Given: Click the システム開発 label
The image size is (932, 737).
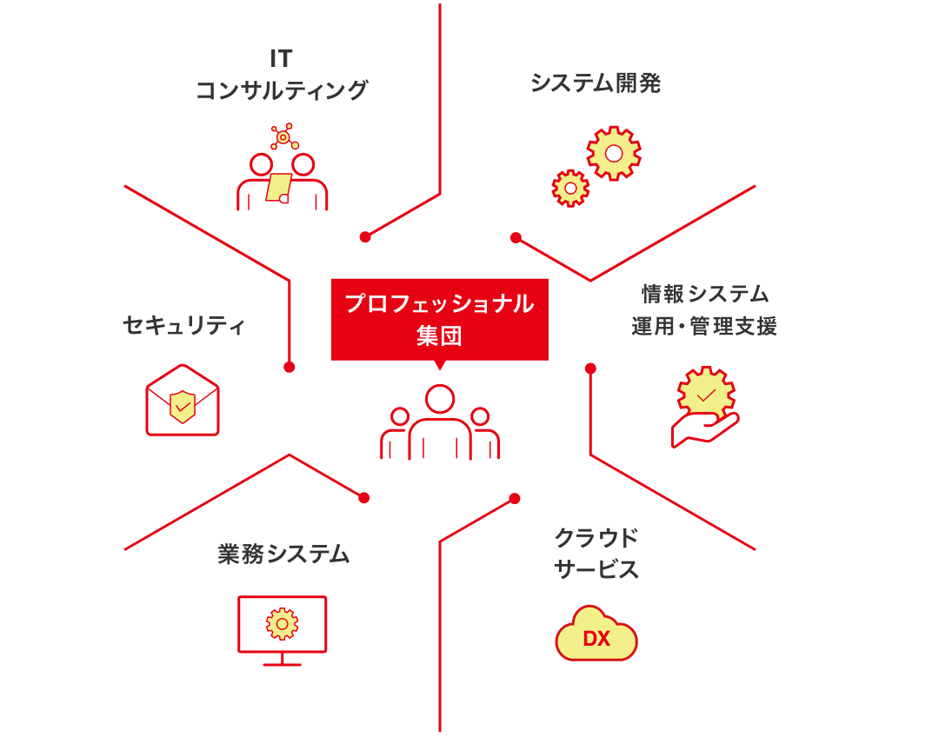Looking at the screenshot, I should [x=596, y=83].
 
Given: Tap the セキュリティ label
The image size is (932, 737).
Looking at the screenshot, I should [x=184, y=326].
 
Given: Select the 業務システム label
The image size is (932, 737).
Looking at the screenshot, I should [x=283, y=554].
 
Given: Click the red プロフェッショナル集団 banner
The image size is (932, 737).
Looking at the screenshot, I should [x=440, y=318].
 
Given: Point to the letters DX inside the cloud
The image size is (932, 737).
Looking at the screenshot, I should [x=596, y=639].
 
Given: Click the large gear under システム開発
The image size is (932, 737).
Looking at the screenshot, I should [x=614, y=154].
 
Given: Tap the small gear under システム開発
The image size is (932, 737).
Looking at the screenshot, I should [x=570, y=188].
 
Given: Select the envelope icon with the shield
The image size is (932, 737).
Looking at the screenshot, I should [x=183, y=401].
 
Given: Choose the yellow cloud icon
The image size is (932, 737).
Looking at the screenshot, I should [x=596, y=634].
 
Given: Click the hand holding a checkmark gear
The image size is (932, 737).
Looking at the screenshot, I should [x=705, y=408].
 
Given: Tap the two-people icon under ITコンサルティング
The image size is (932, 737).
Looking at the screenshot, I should [x=282, y=178].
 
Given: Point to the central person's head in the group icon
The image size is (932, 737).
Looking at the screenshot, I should [x=440, y=399].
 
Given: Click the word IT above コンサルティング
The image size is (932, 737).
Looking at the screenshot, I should [x=281, y=58].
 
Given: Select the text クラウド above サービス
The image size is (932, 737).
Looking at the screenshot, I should [x=596, y=538].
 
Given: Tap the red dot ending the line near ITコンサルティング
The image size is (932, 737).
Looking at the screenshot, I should [x=365, y=236].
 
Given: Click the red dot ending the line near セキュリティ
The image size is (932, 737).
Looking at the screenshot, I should [x=290, y=367].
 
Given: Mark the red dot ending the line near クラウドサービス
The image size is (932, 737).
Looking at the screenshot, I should [x=515, y=498].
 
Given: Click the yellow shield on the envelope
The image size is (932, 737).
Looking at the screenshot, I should [x=183, y=406].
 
